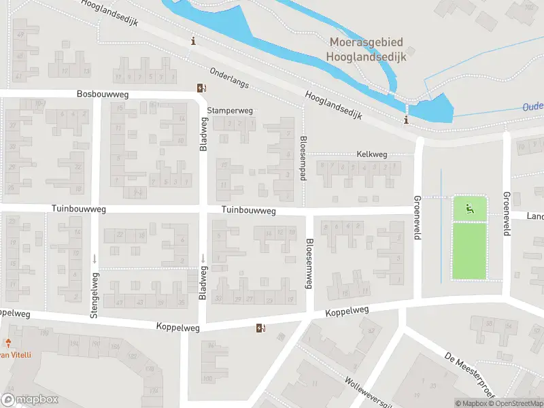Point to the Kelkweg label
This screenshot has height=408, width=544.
[371, 154]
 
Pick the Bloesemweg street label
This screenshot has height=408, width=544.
[309, 264]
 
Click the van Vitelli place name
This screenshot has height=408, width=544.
[15, 354]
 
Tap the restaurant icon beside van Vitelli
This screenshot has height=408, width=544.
[9, 343]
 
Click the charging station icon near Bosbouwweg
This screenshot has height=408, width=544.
[201, 88]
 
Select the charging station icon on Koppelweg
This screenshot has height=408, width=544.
[260, 329]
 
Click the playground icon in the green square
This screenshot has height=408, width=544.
[469, 208]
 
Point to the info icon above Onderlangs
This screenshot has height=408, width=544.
[194, 41]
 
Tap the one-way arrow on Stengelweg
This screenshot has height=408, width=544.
[94, 259]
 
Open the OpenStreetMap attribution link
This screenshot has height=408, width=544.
[517, 403]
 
